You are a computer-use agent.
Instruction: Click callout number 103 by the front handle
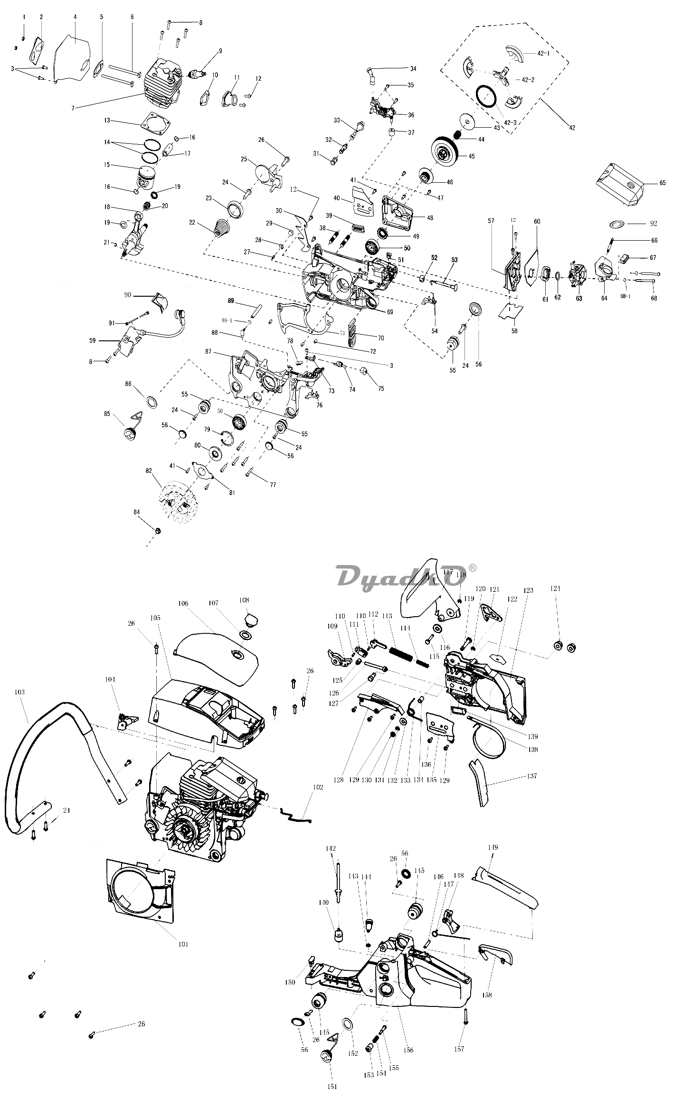click(x=19, y=693)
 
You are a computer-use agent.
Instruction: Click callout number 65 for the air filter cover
click(x=663, y=183)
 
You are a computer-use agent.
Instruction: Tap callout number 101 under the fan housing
click(x=183, y=944)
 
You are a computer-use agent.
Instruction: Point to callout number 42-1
click(x=543, y=53)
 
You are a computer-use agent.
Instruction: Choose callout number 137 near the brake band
click(x=532, y=776)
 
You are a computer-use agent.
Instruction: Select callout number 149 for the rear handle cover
click(x=493, y=847)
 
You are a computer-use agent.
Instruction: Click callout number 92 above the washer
click(x=654, y=223)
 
